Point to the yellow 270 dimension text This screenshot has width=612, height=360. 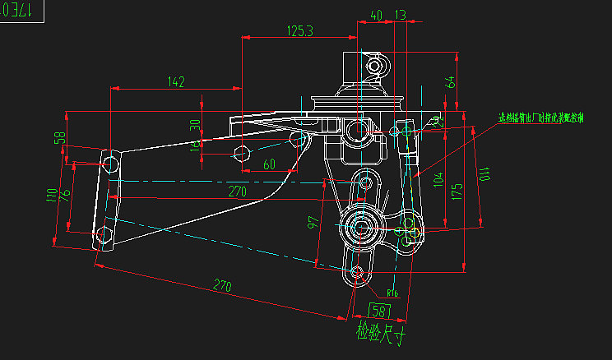[238, 192]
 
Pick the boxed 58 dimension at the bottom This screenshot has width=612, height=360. [380, 311]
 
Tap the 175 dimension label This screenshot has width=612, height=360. [457, 192]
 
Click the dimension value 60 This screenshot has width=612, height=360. [269, 164]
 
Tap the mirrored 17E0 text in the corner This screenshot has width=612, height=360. [18, 10]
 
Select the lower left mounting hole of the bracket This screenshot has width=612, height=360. [104, 235]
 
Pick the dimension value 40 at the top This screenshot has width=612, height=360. [376, 15]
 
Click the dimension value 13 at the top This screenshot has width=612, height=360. [401, 15]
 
